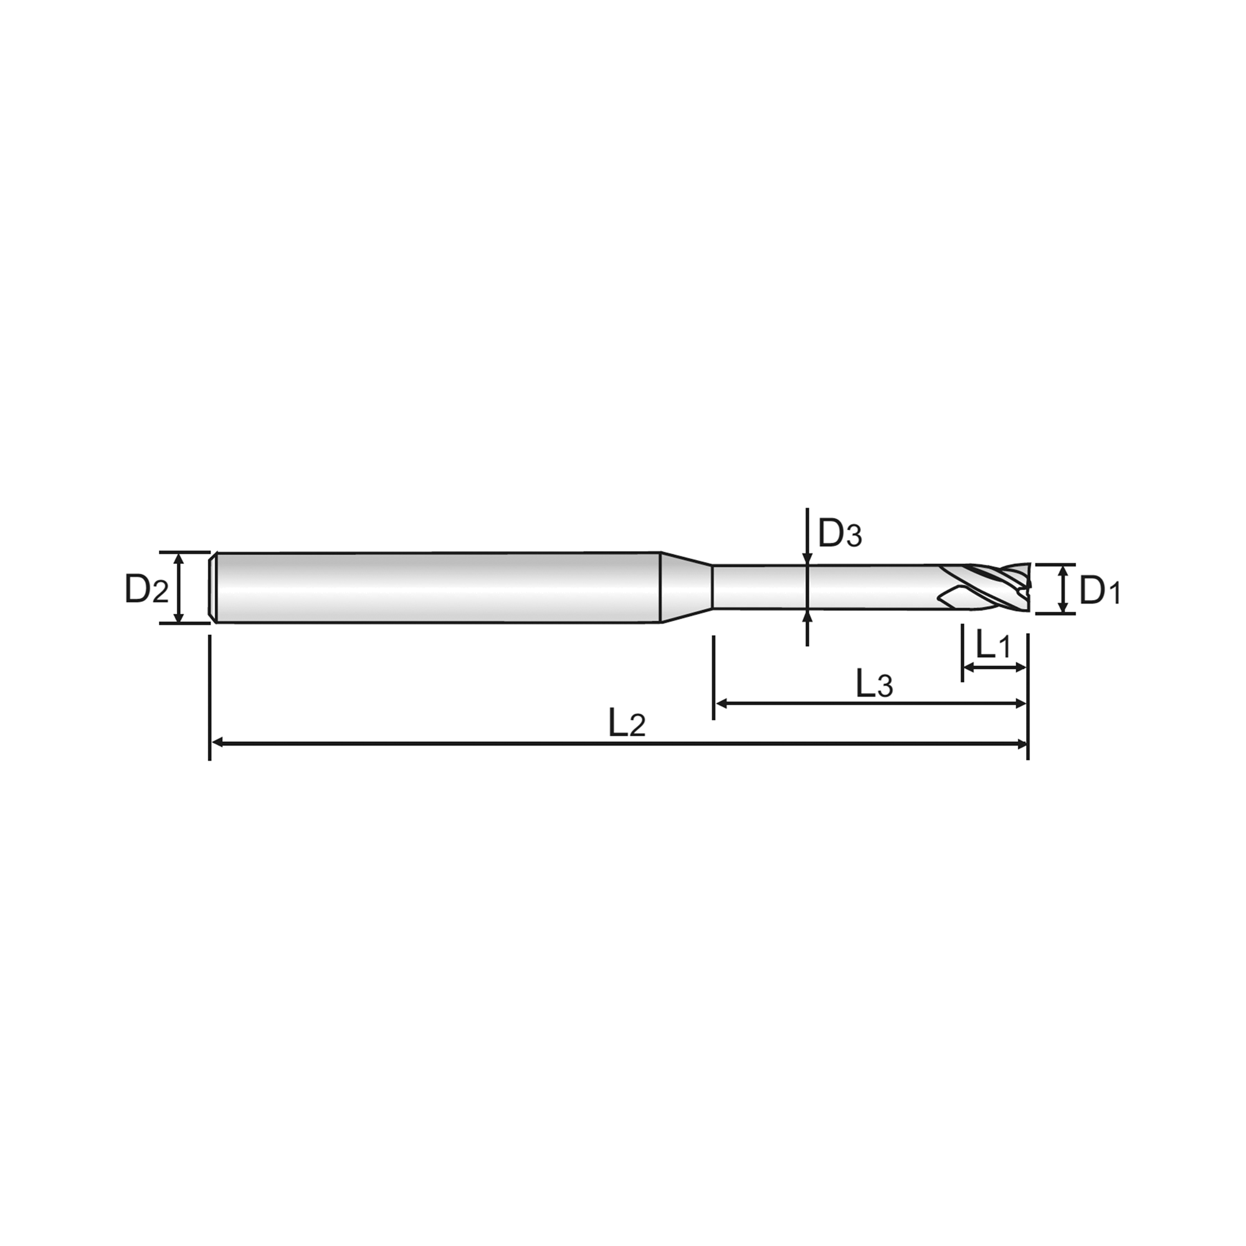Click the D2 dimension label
[146, 589]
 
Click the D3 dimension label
[840, 533]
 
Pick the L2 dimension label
[626, 723]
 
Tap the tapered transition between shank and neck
[687, 587]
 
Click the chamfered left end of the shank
[213, 587]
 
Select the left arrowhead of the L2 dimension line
[217, 744]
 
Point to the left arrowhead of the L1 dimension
[970, 667]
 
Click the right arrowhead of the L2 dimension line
[1021, 744]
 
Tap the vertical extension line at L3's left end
[713, 677]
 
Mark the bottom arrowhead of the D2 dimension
[179, 616]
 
